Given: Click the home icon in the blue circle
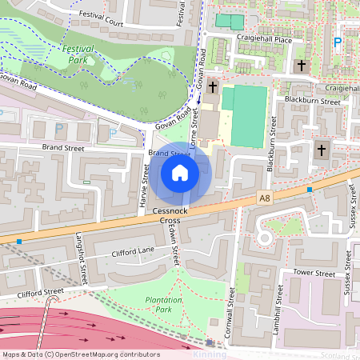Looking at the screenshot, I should [x=180, y=172].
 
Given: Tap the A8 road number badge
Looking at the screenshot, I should [x=265, y=198].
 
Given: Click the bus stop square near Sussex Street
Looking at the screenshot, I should [x=310, y=189].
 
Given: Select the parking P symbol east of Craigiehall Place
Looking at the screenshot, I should [x=337, y=42].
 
